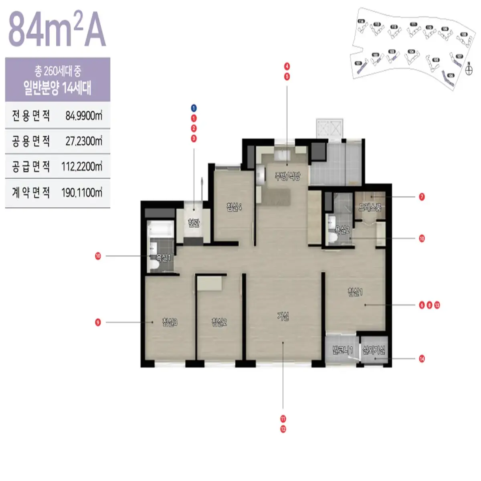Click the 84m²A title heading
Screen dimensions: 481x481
pos(57,30)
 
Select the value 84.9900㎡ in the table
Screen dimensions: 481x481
pos(84,116)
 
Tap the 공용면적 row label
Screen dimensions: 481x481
pos(31,141)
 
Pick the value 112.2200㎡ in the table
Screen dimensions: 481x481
pos(82,167)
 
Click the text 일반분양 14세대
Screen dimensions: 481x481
pos(57,88)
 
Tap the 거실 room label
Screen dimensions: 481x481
pos(283,317)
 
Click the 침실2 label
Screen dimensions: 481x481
pos(219,322)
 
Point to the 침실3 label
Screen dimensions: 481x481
pos(170,322)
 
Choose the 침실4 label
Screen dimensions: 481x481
pos(234,207)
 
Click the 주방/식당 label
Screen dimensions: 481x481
pos(287,176)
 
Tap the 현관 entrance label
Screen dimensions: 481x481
pos(194,223)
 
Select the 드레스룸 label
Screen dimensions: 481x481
pos(370,208)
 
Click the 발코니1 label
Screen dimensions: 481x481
pos(342,350)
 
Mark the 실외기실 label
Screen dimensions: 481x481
pos(374,350)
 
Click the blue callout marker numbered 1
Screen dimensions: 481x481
pos(194,108)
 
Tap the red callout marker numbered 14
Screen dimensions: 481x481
pos(422,359)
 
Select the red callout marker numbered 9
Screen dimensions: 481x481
pos(98,322)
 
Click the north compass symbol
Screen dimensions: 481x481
pos(469,70)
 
